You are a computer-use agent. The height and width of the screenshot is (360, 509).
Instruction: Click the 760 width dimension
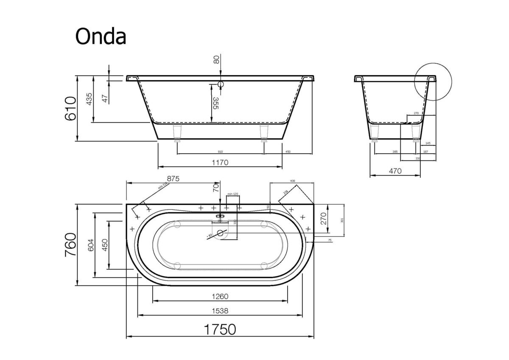point(70,245)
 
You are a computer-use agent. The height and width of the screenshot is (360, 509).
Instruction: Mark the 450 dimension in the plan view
point(104,245)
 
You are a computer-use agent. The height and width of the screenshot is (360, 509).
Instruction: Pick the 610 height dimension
point(70,109)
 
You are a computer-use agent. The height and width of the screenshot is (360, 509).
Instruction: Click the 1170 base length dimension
point(221,162)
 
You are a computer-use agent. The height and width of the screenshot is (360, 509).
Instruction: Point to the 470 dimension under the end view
point(395,171)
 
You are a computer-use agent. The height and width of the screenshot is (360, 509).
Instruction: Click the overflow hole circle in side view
point(220,84)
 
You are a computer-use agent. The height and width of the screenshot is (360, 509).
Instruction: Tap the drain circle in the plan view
point(220,233)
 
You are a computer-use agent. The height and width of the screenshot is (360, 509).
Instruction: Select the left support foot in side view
point(177,132)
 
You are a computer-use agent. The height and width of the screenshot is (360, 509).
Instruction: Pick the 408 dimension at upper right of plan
point(292,181)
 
